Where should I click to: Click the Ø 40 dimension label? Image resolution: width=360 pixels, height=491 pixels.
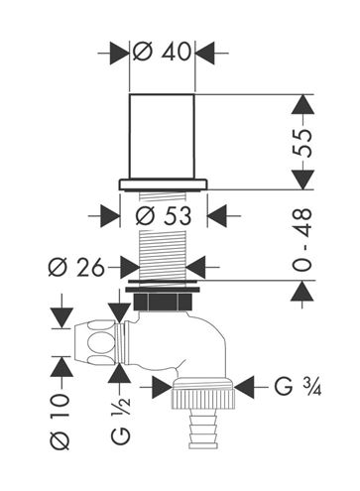tap(162, 52)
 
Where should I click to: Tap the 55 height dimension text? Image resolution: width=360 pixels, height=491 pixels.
tap(302, 143)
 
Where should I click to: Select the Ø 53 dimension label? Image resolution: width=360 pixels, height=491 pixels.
tap(164, 216)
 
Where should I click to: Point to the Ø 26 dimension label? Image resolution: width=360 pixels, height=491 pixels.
tap(76, 267)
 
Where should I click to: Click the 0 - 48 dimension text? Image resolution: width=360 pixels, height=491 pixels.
tap(302, 240)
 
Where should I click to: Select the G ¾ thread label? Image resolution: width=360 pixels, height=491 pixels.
tap(298, 387)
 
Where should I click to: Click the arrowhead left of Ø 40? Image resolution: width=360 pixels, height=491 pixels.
tap(119, 53)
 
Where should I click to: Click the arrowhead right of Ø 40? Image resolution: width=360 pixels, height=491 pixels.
tap(205, 53)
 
